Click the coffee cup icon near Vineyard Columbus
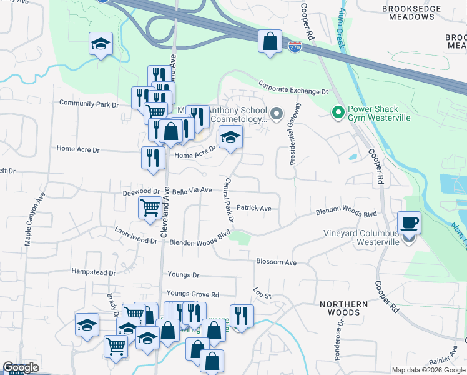pos(409,223)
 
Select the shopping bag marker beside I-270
pos(270,42)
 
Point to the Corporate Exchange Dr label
pos(293,87)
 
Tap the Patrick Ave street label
pos(253,208)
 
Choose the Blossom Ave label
pos(276,262)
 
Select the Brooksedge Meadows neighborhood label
pos(412,13)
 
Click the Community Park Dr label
pos(89,104)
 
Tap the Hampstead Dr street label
pos(94,272)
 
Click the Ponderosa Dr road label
pos(341,341)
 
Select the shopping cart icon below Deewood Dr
pos(150,207)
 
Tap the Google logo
pos(20,367)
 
